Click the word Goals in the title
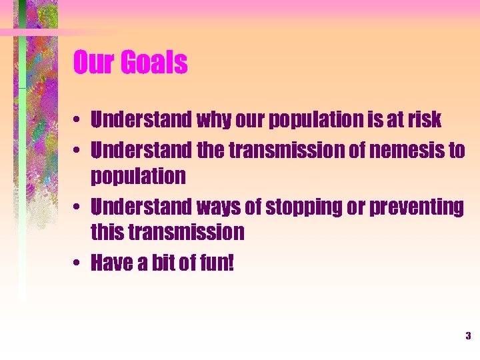click(155, 63)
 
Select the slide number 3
click(468, 336)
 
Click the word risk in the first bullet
click(424, 120)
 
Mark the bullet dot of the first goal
click(79, 121)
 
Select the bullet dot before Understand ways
click(79, 208)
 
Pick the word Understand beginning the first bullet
click(141, 120)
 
